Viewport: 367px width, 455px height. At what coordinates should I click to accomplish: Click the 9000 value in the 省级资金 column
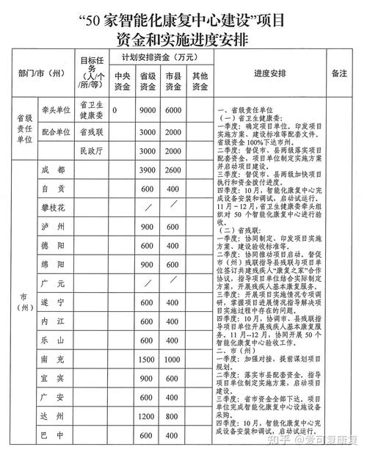pyautogui.click(x=147, y=110)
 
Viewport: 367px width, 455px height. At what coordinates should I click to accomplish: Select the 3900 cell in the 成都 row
pyautogui.click(x=147, y=170)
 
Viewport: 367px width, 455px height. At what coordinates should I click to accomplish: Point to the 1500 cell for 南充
pyautogui.click(x=147, y=340)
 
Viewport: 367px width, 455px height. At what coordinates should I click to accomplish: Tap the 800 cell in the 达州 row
pyautogui.click(x=172, y=415)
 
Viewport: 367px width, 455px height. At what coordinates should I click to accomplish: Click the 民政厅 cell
pyautogui.click(x=90, y=150)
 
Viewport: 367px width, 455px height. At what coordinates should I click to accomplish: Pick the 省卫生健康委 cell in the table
pyautogui.click(x=90, y=110)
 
